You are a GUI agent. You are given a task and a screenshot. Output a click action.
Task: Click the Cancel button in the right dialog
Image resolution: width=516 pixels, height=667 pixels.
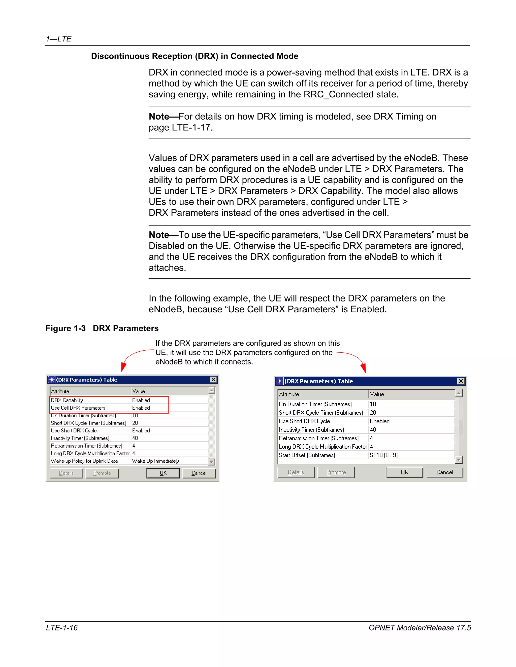444,472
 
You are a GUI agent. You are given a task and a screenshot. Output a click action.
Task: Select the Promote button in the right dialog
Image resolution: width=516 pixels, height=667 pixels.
336,472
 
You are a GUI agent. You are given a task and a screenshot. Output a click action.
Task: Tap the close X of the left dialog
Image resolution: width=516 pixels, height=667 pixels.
213,380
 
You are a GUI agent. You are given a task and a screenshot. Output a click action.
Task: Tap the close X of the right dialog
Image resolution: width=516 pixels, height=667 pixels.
460,381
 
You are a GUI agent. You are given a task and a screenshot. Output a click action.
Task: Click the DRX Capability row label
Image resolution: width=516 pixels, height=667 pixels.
67,400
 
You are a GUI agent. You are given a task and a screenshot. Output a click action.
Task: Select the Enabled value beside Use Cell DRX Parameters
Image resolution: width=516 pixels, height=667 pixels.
141,408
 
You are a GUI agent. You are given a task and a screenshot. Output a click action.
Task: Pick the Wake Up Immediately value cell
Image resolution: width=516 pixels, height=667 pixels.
155,461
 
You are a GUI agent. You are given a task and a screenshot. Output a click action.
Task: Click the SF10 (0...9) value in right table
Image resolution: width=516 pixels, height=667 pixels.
383,455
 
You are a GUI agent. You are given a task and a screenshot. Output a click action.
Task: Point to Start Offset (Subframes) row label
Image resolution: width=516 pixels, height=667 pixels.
307,455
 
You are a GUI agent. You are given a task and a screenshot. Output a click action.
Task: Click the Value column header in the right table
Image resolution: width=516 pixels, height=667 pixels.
377,394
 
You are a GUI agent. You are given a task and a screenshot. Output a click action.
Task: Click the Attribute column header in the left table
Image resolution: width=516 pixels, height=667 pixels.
60,391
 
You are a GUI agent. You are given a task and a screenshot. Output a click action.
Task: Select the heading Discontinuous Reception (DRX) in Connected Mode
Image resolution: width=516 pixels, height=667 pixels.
195,56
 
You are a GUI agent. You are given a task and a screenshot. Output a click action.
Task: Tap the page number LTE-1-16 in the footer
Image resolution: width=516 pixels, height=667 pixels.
62,627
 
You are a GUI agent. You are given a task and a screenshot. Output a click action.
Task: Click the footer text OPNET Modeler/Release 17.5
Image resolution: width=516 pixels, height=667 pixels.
420,627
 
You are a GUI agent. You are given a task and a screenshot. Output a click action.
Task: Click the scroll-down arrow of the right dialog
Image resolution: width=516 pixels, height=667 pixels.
458,459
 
